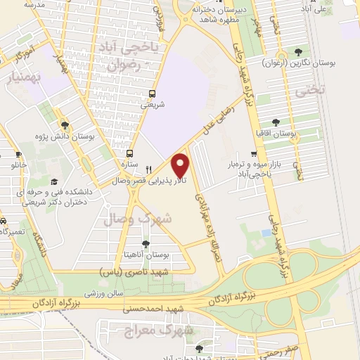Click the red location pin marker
coord(181,165)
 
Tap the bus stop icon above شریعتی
coord(152,93)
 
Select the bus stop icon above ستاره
coord(129,153)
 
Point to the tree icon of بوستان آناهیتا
coord(146,244)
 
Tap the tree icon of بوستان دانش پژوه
coord(64,122)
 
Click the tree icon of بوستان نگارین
coord(300,51)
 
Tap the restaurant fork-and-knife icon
coord(148,169)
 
